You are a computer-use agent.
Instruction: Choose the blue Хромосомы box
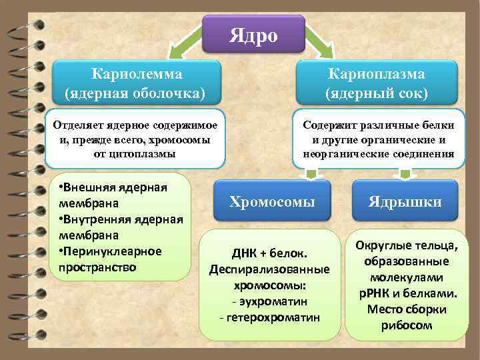[271, 202]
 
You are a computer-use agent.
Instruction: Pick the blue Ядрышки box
[405, 202]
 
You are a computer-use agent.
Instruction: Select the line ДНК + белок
[269, 254]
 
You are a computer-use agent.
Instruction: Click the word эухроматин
[272, 301]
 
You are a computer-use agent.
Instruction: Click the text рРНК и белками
[405, 293]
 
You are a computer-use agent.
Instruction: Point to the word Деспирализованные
[269, 270]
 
